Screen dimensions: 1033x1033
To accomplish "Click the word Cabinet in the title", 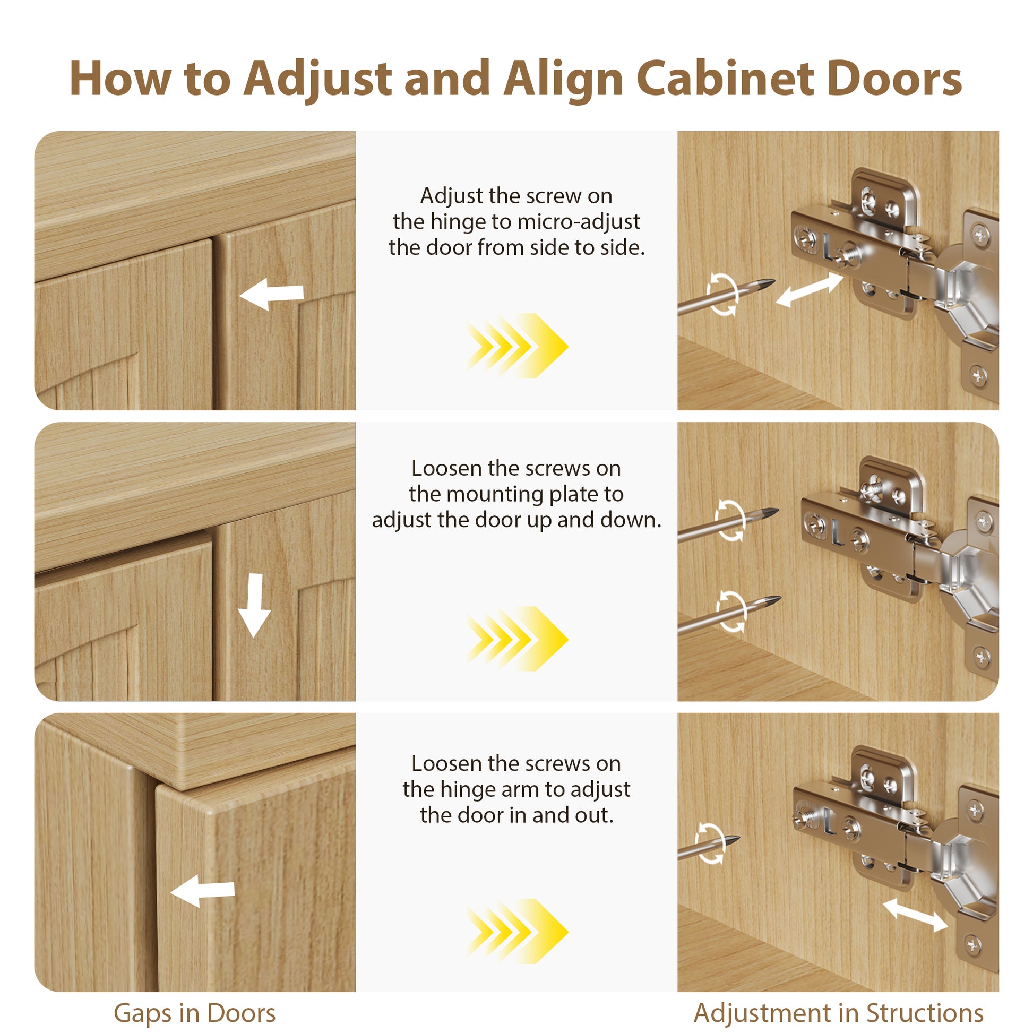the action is [x=726, y=79].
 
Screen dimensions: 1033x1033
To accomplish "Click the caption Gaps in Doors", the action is [x=195, y=1013].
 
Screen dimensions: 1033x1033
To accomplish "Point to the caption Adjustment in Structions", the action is [x=838, y=1013].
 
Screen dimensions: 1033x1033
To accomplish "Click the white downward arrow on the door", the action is [x=254, y=605].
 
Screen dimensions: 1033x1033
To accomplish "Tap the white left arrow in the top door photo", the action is [x=272, y=294].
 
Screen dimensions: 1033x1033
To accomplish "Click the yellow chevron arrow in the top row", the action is [x=516, y=346].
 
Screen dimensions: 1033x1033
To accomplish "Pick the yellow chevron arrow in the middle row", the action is [x=516, y=639].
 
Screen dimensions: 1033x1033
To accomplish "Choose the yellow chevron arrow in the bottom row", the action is [x=516, y=931].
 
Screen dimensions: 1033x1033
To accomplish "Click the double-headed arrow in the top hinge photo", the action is [x=810, y=289].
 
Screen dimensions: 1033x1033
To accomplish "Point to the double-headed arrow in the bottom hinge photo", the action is [x=915, y=915].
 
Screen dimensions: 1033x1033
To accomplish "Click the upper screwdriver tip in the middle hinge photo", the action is [x=778, y=510].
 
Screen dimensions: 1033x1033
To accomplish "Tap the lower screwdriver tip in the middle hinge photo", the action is [x=780, y=598].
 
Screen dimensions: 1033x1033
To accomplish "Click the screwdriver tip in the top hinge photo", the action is [x=773, y=281].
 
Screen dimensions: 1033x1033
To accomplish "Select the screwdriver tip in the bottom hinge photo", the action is [x=738, y=837].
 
